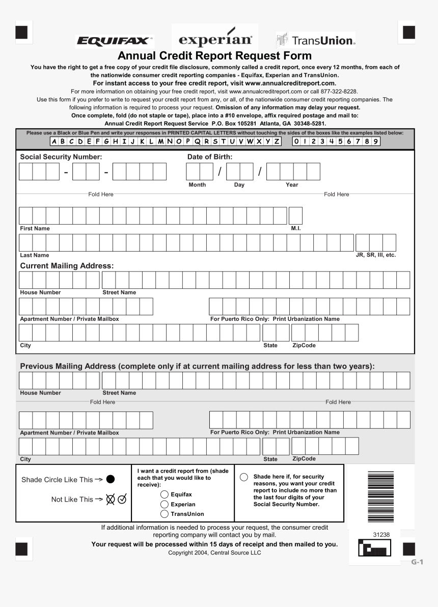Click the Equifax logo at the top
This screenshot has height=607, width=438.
tap(115, 41)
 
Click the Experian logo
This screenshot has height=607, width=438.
tap(215, 39)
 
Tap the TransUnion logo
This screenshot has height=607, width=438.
tap(316, 40)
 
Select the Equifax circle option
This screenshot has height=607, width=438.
tap(165, 494)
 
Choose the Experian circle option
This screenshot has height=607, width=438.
tap(165, 504)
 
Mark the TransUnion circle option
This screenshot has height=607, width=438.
tap(165, 514)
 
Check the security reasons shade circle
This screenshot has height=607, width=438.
tap(244, 477)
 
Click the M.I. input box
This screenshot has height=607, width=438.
tap(295, 216)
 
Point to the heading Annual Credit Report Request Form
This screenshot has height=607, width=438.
tap(214, 56)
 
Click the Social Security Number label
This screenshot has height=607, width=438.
tap(61, 157)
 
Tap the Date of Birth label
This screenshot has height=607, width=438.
tap(210, 157)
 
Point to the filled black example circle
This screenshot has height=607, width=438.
tap(111, 479)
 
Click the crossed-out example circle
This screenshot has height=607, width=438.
tap(111, 500)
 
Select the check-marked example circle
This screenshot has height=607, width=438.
tap(122, 500)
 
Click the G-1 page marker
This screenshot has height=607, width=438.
tap(418, 562)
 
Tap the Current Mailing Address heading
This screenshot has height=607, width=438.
tap(67, 266)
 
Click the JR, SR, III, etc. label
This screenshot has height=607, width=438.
tap(375, 255)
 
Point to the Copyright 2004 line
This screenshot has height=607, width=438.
tap(214, 553)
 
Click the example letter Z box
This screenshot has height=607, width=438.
tap(277, 142)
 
